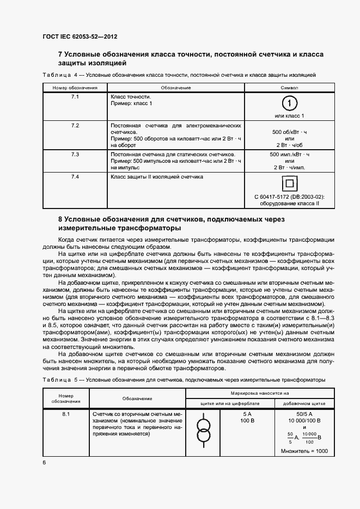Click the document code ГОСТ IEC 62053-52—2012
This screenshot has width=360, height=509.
(80, 37)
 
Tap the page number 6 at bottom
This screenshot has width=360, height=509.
(44, 462)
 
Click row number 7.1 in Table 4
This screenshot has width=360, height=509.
(75, 96)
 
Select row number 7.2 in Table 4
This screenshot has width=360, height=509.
(75, 126)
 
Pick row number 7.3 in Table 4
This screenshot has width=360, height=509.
(75, 155)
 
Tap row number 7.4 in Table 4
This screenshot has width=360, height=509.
(75, 177)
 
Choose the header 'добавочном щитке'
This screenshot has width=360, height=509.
(304, 403)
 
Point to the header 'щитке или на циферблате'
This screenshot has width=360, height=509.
(230, 403)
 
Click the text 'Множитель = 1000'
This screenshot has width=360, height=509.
(304, 451)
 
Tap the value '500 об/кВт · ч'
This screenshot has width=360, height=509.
(289, 132)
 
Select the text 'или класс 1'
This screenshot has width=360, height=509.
(289, 115)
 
